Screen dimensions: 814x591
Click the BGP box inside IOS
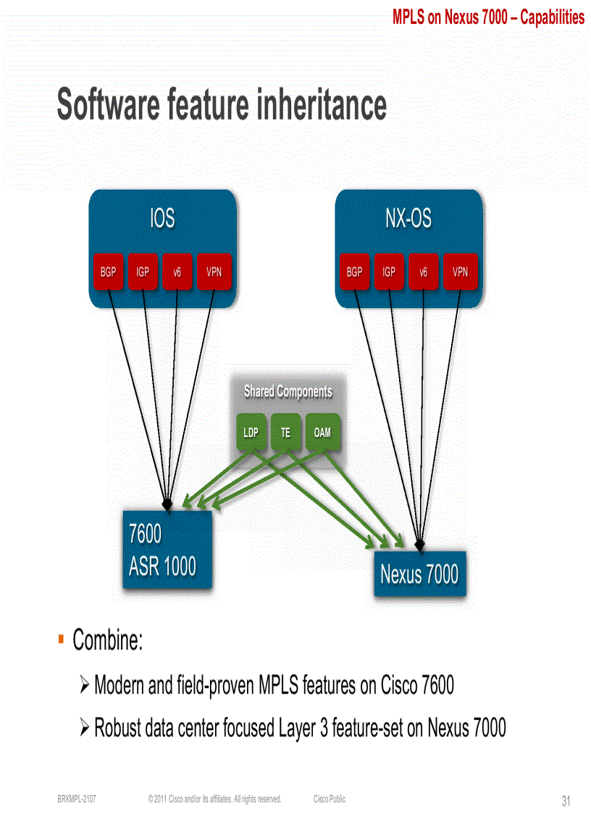click(108, 273)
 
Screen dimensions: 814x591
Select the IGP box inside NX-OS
click(389, 273)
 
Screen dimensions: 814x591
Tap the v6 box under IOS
click(177, 273)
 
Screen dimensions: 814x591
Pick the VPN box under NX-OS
click(460, 273)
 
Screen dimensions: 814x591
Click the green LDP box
click(251, 433)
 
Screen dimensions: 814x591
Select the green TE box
click(286, 433)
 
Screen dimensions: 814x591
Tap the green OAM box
click(322, 433)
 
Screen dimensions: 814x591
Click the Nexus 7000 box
click(419, 575)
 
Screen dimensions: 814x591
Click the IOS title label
click(162, 219)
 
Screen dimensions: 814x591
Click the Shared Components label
click(288, 392)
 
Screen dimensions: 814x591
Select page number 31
click(566, 801)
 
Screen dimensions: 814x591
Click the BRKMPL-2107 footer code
click(77, 800)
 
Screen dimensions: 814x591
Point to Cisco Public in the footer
click(330, 800)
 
